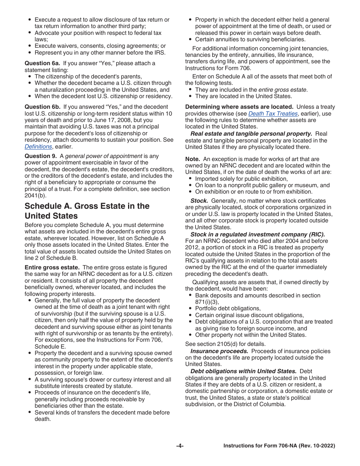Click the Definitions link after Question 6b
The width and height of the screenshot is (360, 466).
pos(38,147)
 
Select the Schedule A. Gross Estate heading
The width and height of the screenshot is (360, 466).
pos(87,211)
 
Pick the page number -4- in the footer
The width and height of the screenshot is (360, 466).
pos(180,446)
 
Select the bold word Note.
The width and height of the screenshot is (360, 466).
pos(192,159)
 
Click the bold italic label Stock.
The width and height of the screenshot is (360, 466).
pos(199,201)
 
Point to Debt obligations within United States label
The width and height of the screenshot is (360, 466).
pos(243,371)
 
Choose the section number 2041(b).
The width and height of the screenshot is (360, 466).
pos(37,196)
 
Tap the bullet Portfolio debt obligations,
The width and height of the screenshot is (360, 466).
pos(228,308)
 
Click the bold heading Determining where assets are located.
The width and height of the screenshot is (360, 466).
pos(239,107)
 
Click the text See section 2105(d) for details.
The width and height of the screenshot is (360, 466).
pos(225,344)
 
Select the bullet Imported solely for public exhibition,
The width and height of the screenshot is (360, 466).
pos(241,179)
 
